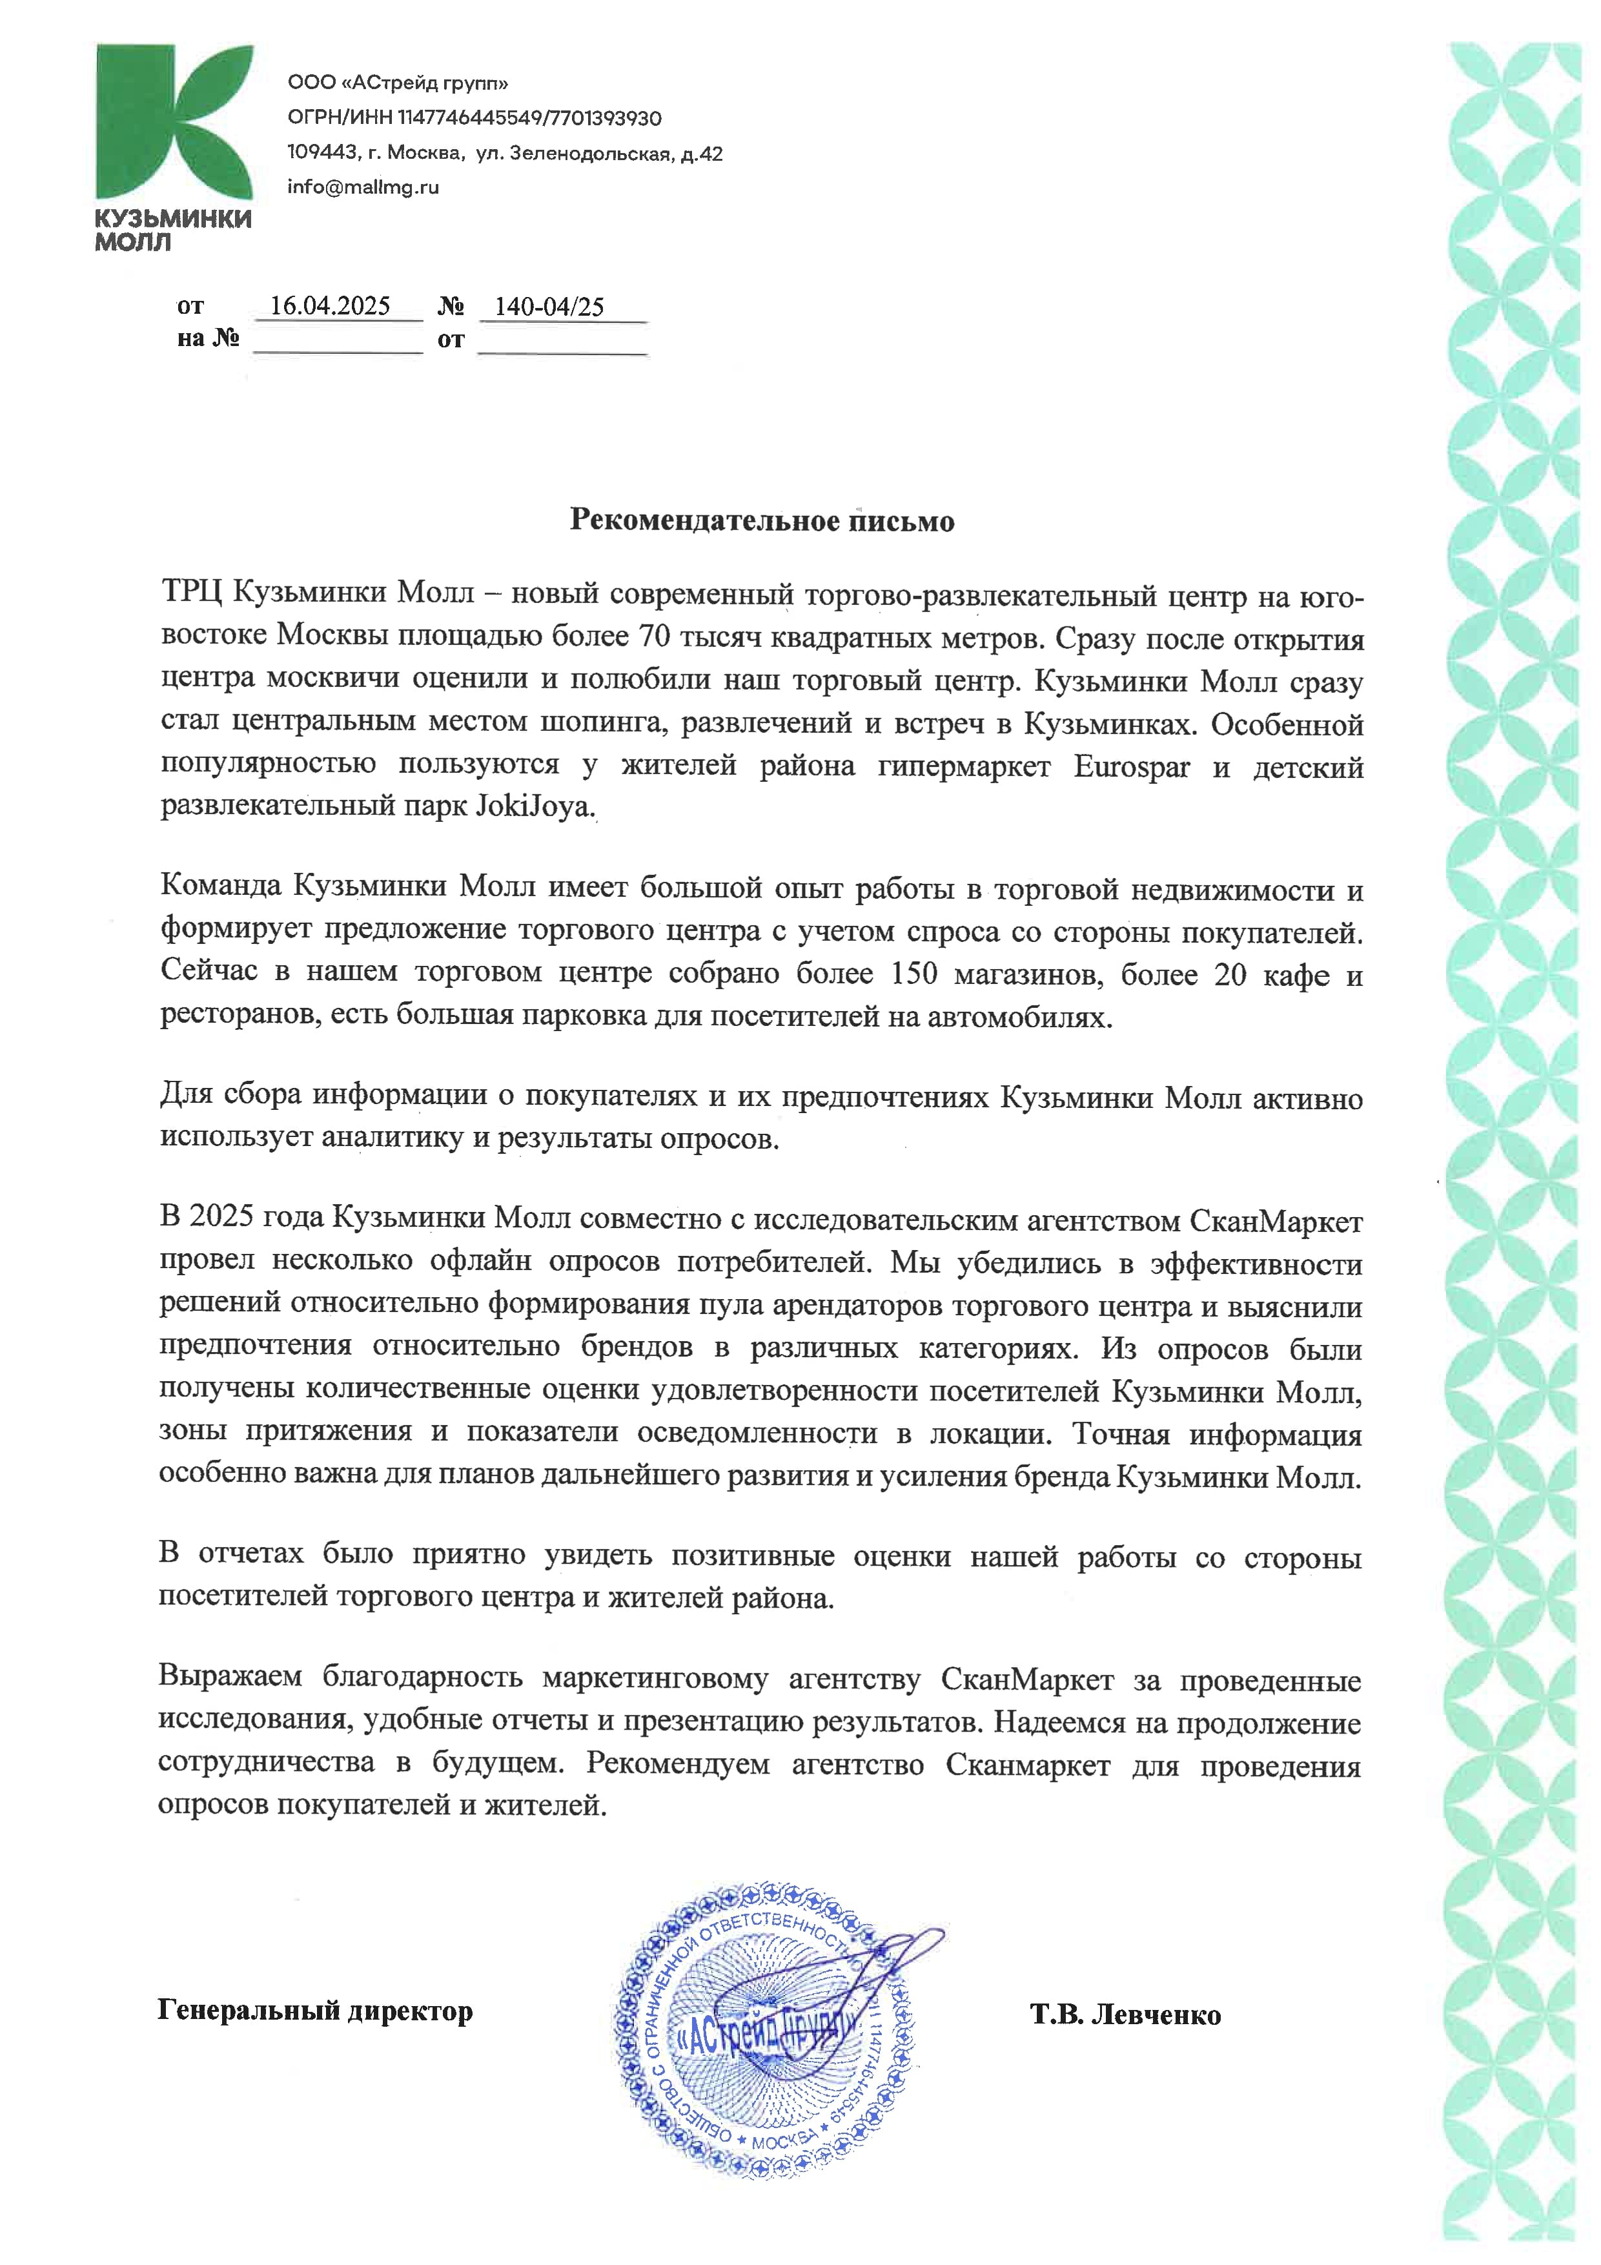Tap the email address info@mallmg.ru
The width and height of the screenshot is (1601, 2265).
(x=363, y=187)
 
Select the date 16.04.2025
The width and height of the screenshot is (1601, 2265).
(x=331, y=306)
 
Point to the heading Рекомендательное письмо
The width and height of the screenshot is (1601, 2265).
(x=762, y=521)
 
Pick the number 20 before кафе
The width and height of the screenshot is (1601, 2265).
(x=1230, y=975)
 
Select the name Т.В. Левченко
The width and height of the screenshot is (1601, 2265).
(x=1125, y=2013)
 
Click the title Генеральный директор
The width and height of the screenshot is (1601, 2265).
(x=314, y=2009)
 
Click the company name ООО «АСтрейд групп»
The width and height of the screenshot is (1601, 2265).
(x=398, y=83)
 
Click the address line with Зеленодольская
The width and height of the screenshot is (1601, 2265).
(x=504, y=154)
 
